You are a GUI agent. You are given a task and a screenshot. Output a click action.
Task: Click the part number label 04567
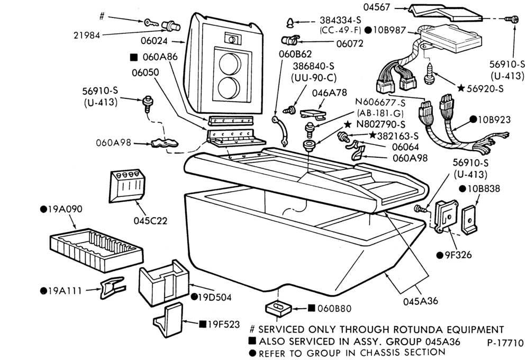[378, 7]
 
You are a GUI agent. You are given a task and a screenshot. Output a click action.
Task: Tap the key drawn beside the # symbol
[151, 23]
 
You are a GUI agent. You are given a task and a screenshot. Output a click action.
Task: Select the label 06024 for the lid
[154, 41]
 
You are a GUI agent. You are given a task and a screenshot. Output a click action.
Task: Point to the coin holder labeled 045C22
[127, 186]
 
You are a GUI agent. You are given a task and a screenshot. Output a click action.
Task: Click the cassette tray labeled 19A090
[96, 249]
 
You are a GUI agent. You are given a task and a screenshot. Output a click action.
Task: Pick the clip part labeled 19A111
[112, 287]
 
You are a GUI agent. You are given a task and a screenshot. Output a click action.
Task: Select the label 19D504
[214, 297]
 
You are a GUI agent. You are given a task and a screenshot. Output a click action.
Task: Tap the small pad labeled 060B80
[279, 309]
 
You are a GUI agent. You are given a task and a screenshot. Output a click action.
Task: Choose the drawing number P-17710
[505, 343]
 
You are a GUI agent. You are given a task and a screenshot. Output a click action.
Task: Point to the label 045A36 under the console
[421, 301]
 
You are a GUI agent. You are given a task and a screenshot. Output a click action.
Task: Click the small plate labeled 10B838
[469, 220]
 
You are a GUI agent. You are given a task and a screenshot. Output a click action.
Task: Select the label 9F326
[458, 255]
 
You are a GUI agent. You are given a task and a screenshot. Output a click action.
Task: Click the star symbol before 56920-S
[461, 88]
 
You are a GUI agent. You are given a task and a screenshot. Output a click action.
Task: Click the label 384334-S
[340, 20]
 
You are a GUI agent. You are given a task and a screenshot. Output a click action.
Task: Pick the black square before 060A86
[134, 57]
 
